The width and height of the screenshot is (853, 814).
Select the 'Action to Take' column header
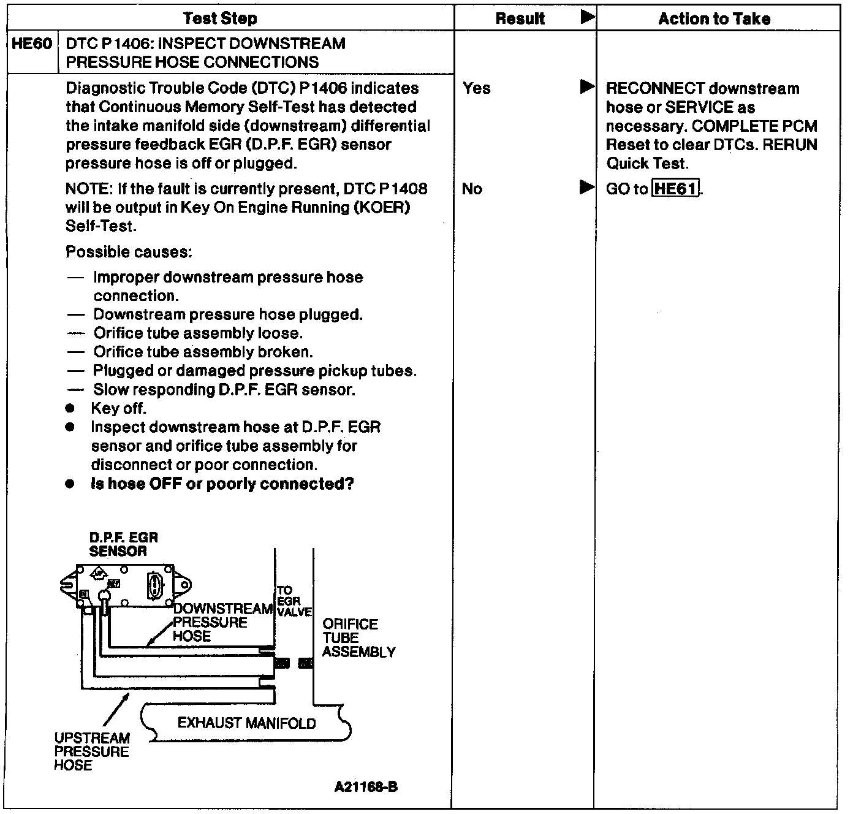click(x=714, y=19)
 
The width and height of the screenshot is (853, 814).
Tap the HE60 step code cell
click(x=32, y=44)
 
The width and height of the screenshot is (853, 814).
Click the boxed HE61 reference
click(x=676, y=189)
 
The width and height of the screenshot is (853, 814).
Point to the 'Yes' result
click(x=477, y=88)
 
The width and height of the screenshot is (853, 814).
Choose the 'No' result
click(x=472, y=189)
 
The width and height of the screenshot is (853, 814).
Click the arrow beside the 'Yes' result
click(x=587, y=86)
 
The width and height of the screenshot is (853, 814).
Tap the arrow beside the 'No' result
click(x=587, y=187)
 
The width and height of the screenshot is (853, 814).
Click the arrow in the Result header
click(x=587, y=17)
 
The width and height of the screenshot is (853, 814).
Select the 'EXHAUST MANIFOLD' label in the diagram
click(x=246, y=723)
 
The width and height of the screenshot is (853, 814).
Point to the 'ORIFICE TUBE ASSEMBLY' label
click(x=358, y=638)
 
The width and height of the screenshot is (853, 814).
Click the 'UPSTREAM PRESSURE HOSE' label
click(x=92, y=751)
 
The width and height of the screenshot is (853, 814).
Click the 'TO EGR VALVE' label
click(x=293, y=601)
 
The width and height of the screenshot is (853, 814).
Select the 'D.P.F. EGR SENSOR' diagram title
click(x=123, y=544)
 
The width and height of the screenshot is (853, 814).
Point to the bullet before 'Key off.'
click(x=71, y=408)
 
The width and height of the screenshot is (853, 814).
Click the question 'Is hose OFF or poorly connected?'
click(x=222, y=484)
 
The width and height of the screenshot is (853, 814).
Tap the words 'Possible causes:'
click(x=129, y=252)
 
